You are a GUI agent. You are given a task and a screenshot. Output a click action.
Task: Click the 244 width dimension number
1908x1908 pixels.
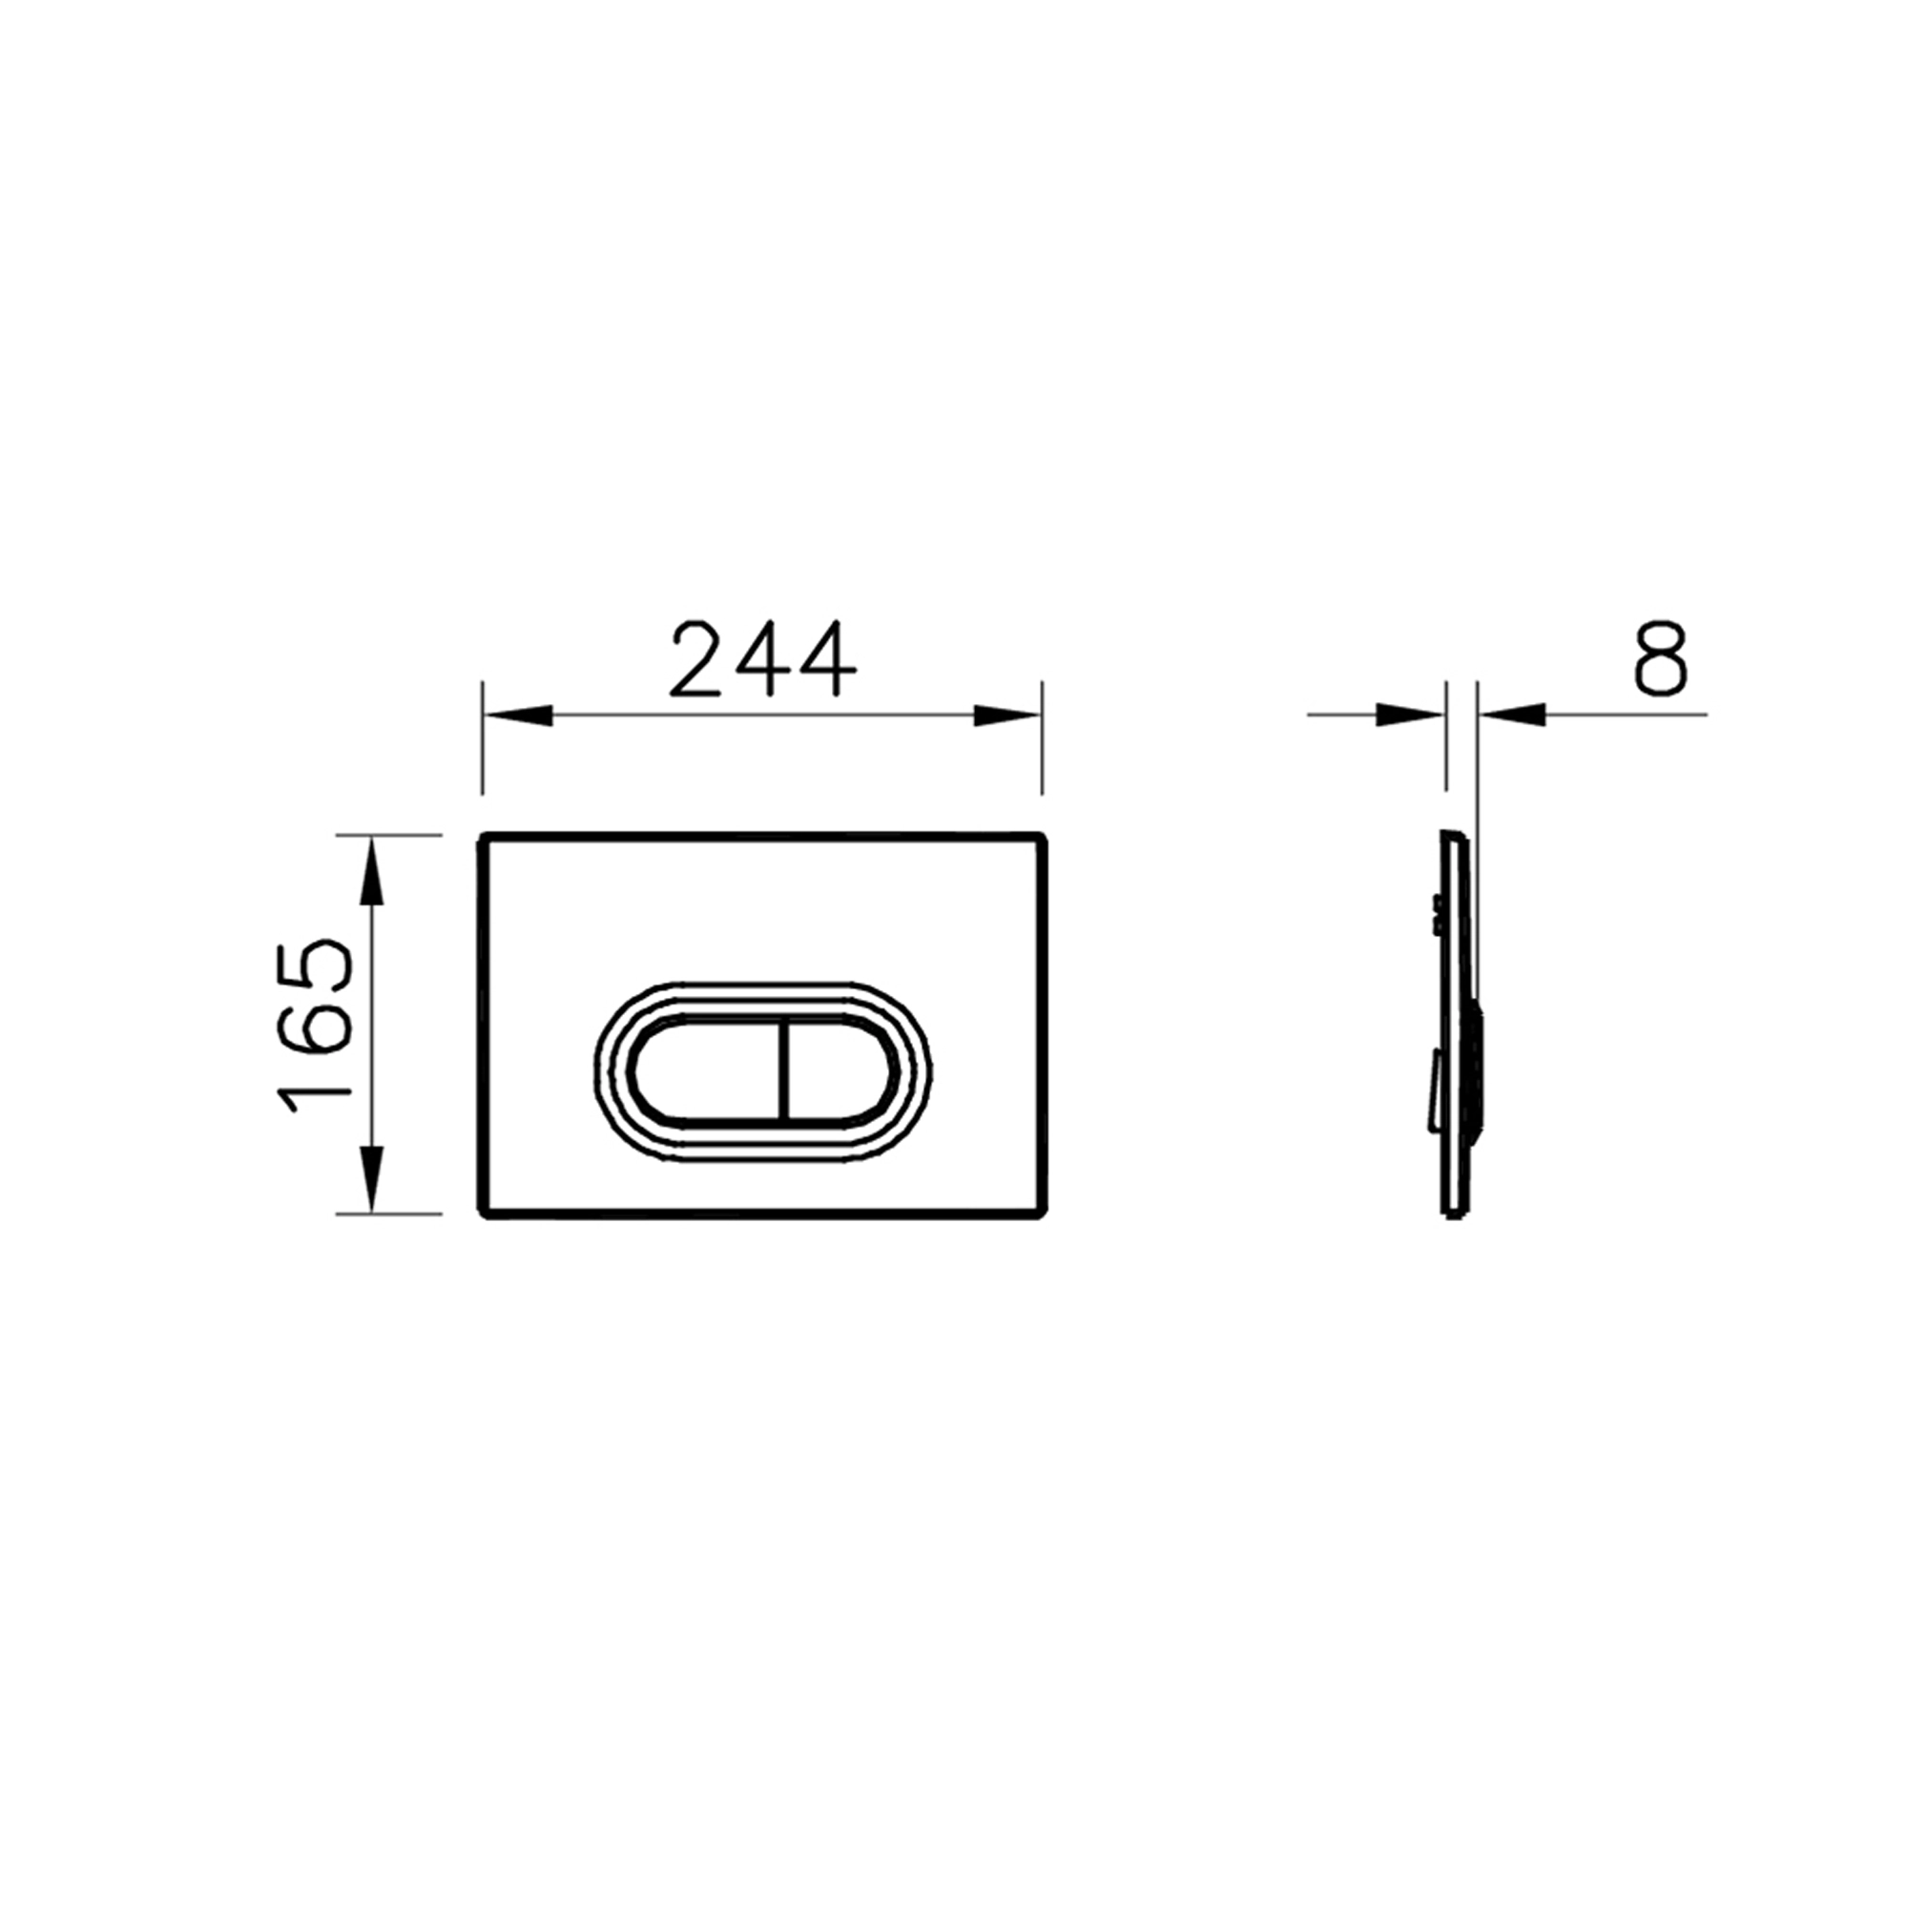[761, 658]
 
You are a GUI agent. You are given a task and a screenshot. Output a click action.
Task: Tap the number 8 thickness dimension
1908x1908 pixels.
[1660, 658]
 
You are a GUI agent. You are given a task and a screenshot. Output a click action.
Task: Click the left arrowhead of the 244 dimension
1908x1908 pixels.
[517, 715]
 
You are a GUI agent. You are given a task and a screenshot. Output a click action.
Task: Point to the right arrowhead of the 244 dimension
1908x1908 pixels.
[1006, 715]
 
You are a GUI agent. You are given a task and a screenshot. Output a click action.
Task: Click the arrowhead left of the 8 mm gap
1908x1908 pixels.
[1410, 714]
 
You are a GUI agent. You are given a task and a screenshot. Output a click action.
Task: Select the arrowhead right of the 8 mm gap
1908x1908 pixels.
[1512, 714]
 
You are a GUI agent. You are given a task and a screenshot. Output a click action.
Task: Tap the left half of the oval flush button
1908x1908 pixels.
[707, 1071]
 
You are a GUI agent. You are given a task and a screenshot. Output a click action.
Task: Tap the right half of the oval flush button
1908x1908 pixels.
[840, 1071]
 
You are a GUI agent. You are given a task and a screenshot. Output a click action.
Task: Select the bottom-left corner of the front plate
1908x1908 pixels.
[483, 1213]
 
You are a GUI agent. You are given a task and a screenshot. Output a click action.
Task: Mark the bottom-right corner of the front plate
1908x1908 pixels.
[1043, 1213]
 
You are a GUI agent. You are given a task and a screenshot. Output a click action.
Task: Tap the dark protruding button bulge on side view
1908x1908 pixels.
[1479, 1071]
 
